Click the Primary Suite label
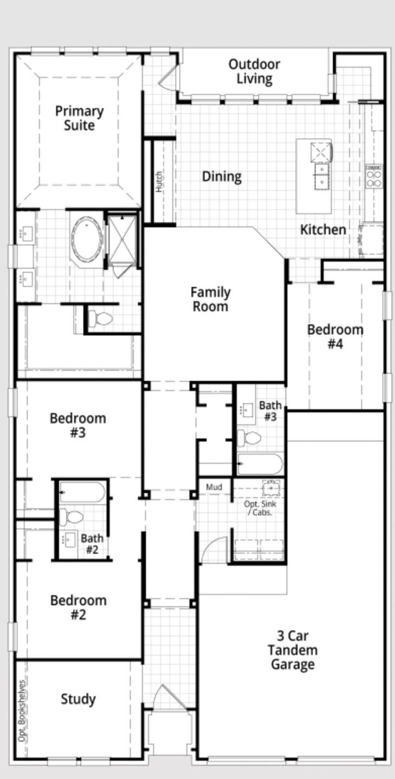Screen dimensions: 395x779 80,118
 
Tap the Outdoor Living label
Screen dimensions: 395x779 254,71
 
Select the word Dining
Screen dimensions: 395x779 222,177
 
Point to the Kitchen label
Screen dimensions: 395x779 323,229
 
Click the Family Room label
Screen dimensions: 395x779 210,300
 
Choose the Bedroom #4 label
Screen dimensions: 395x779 335,336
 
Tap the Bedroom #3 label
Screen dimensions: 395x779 78,425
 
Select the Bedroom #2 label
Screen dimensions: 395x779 78,608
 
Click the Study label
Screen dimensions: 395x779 78,699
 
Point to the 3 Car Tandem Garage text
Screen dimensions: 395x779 292,650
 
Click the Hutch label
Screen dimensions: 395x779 159,182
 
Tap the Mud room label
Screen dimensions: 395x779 214,487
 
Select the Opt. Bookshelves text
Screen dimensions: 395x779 22,711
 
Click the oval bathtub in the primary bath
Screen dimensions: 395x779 87,239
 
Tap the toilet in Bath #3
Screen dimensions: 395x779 249,438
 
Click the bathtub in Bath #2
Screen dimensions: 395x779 82,492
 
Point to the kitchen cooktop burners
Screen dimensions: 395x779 374,177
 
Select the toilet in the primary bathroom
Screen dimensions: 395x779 100,318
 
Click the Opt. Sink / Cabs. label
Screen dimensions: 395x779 260,508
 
